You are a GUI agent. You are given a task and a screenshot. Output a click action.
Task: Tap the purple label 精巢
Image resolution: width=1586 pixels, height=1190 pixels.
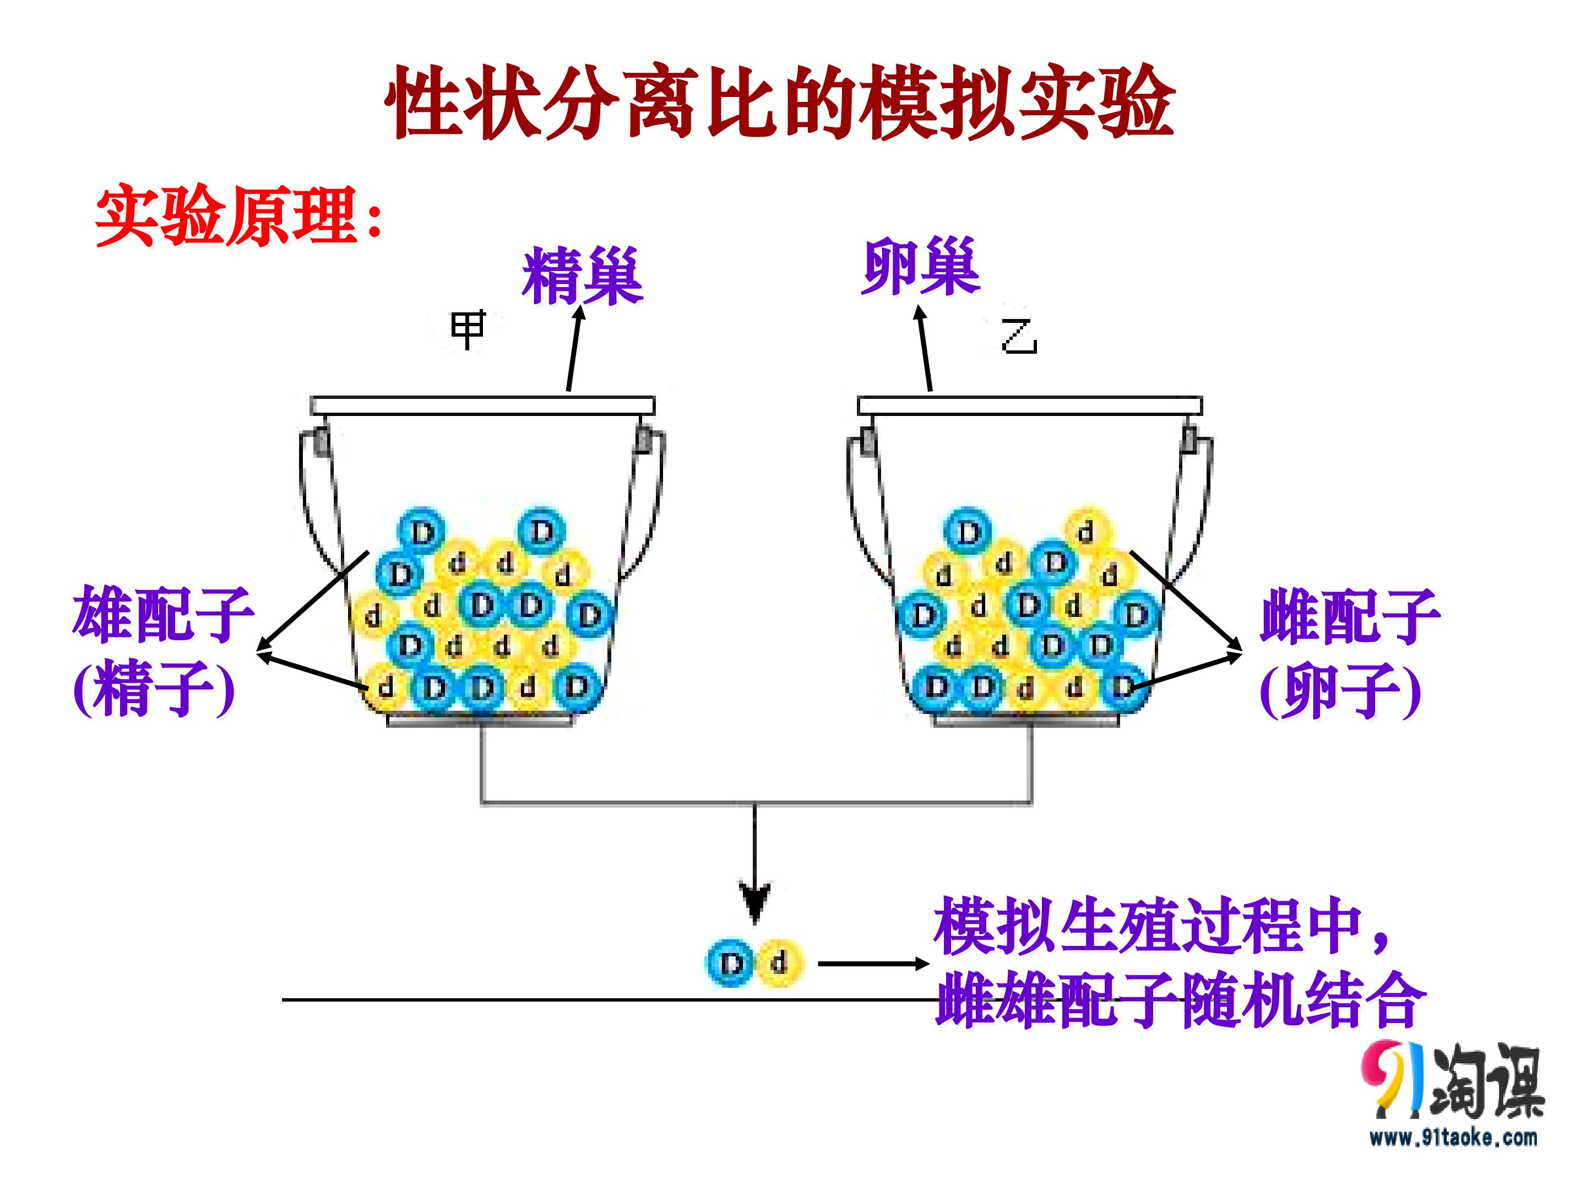(582, 275)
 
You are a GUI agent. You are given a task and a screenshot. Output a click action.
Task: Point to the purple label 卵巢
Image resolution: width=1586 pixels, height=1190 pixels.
(921, 267)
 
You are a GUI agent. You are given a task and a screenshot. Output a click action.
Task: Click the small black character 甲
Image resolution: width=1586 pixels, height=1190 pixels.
(468, 330)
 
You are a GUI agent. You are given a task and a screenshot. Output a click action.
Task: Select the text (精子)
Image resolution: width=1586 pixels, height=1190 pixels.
(154, 689)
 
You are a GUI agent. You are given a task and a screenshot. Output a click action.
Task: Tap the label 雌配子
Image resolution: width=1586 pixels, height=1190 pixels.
(1349, 615)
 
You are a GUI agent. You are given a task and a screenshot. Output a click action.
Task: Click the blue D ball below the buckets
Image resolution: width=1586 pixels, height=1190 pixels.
(730, 962)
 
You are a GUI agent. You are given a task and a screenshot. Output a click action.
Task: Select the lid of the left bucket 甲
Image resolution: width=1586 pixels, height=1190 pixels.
(482, 406)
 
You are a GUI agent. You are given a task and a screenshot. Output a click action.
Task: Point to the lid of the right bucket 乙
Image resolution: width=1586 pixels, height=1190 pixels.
(1030, 406)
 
